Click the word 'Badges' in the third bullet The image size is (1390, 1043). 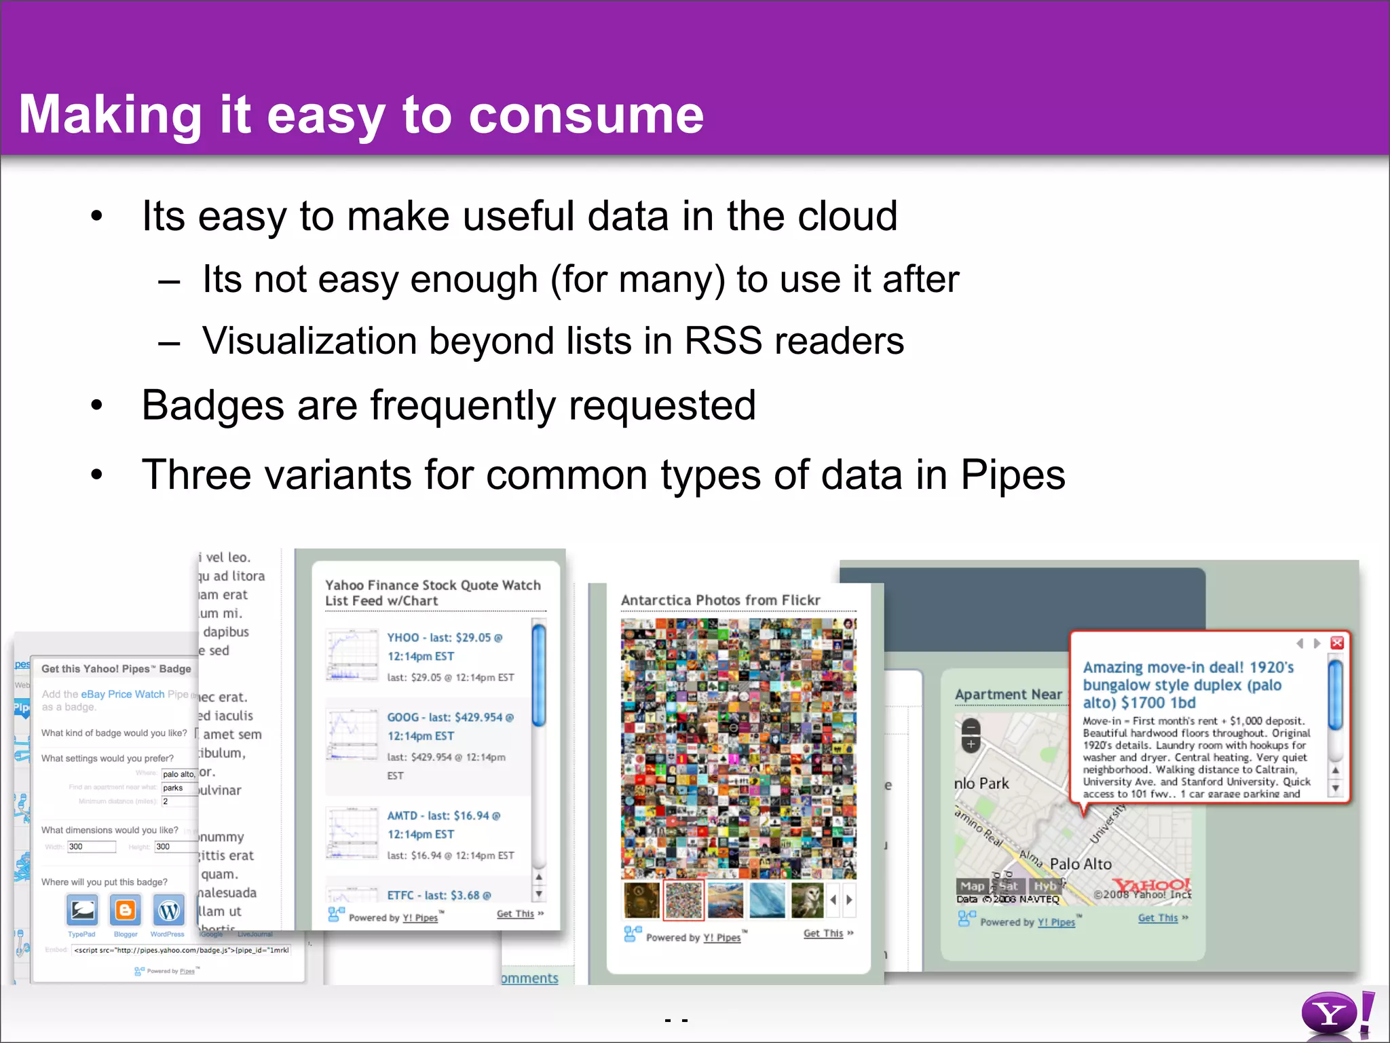point(212,405)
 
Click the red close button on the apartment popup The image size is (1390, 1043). point(1337,642)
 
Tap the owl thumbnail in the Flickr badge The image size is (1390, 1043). point(807,900)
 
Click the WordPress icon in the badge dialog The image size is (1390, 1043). point(169,911)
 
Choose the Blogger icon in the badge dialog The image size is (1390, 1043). point(126,911)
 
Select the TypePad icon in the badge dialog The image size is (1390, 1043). point(82,911)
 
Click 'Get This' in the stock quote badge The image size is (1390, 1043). point(516,914)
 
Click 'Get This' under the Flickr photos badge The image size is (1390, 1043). point(823,934)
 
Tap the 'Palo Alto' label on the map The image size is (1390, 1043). point(1081,864)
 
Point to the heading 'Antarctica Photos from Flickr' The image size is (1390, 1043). point(720,600)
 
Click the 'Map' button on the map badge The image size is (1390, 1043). point(972,886)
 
